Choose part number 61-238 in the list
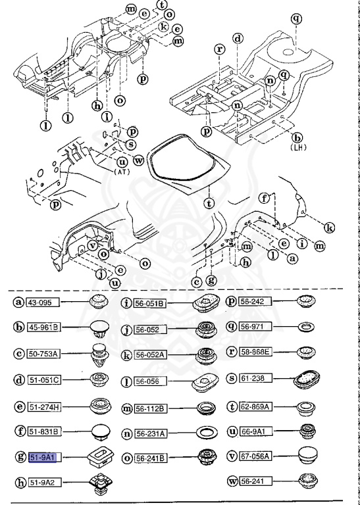click(256, 378)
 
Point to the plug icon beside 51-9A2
click(98, 485)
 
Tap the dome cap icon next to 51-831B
click(98, 431)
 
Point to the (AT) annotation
click(123, 171)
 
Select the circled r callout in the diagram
click(219, 49)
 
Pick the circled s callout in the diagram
click(131, 144)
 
